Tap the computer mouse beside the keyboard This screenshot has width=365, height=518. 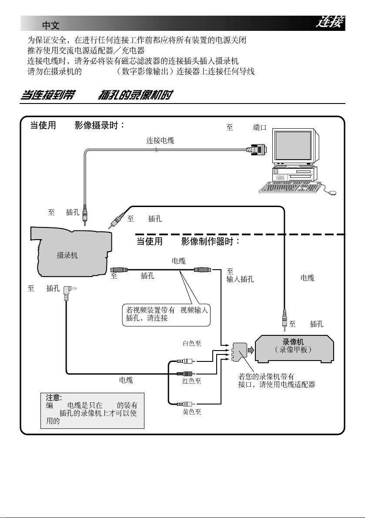(332, 192)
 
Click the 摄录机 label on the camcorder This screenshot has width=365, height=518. (67, 255)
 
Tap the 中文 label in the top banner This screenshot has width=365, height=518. (50, 25)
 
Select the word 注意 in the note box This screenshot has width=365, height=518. (54, 397)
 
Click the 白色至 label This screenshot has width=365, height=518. (191, 343)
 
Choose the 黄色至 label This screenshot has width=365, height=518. (191, 412)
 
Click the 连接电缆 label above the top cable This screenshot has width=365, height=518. (162, 140)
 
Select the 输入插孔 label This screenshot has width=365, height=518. (240, 279)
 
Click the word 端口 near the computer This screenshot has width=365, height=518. (260, 128)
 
